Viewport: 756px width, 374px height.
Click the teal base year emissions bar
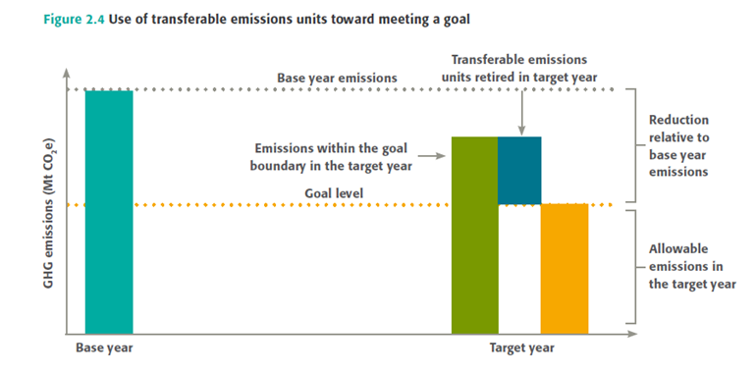coord(109,212)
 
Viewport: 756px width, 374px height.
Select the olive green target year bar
coord(474,236)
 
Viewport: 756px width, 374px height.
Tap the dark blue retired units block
coord(519,171)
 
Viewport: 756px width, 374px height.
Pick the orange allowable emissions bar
coord(565,268)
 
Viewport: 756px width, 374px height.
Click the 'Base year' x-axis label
coord(104,347)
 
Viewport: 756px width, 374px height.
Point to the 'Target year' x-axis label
coord(522,347)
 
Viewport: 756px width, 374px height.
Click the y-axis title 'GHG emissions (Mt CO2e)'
coord(50,215)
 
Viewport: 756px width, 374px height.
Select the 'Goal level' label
coord(334,193)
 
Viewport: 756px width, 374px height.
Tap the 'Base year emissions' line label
coord(337,78)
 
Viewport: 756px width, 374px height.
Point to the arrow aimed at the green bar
coord(431,156)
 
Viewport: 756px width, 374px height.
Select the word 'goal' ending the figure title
coord(457,22)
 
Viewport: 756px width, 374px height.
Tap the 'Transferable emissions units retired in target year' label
coord(519,69)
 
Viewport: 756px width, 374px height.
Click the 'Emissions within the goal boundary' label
coord(333,157)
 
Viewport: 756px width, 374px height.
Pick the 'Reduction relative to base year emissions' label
coord(678,145)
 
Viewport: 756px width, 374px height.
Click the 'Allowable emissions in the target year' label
coord(692,266)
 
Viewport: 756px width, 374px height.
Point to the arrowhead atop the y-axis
coord(67,73)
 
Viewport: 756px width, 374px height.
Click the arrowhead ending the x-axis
coord(631,334)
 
